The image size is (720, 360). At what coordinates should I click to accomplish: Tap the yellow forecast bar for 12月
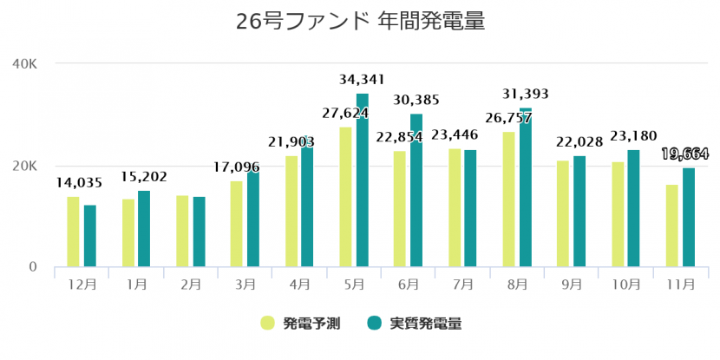click(73, 232)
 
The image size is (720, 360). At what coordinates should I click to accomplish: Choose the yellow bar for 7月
click(455, 208)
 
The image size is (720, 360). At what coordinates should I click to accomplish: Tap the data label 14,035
click(79, 182)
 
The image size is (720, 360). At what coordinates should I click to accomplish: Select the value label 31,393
click(526, 95)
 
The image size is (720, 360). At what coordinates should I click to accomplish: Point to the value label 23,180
click(633, 136)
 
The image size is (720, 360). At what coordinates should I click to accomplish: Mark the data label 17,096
click(242, 167)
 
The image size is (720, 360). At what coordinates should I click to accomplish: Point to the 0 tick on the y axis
click(33, 267)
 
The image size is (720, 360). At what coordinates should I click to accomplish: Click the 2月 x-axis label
click(191, 284)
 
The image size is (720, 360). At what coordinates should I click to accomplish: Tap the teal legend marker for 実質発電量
click(375, 323)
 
